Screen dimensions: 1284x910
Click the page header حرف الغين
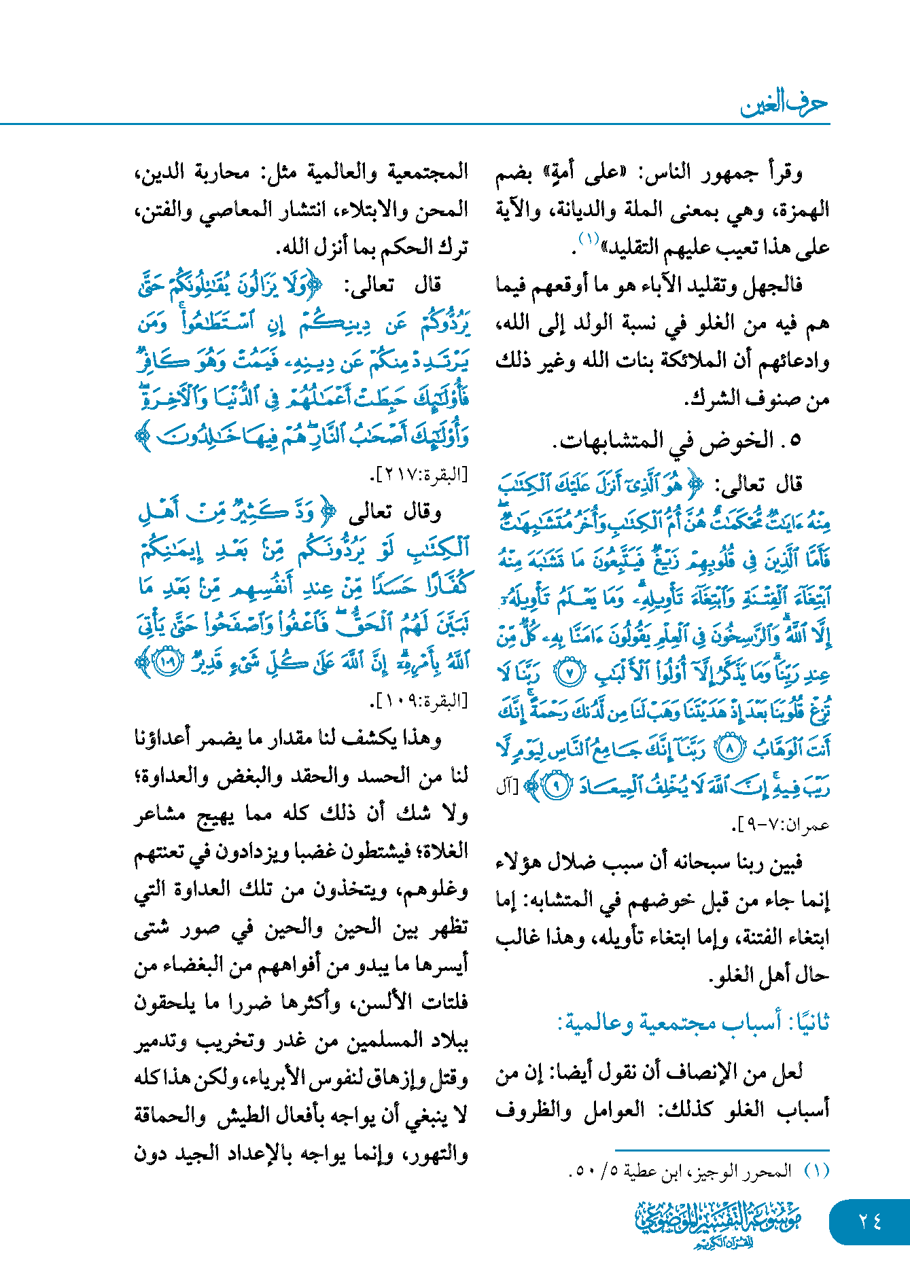tap(784, 104)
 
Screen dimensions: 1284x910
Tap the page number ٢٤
tap(869, 1221)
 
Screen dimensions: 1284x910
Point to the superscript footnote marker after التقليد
tap(588, 239)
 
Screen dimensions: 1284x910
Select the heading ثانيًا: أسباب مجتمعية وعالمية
tap(693, 1022)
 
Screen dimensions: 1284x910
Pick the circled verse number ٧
tap(570, 673)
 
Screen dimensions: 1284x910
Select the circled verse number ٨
tap(730, 749)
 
